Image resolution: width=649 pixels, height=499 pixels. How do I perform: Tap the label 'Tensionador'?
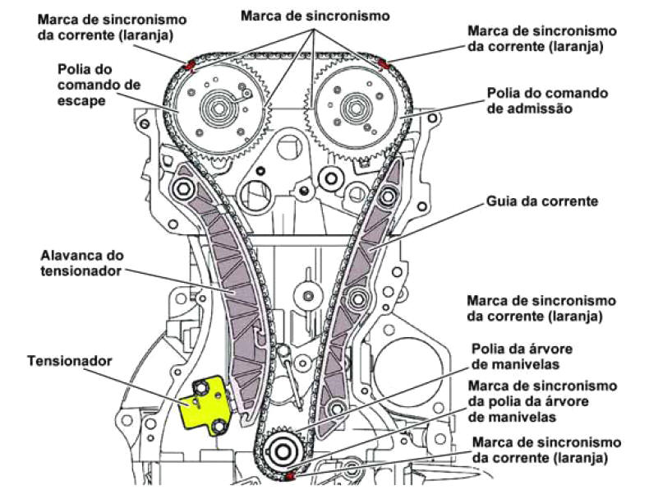(70, 361)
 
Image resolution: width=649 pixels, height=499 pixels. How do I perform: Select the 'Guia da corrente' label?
(542, 201)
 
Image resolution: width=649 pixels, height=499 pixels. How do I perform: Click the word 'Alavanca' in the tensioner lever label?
(69, 255)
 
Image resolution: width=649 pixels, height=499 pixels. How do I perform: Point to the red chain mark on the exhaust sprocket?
(191, 66)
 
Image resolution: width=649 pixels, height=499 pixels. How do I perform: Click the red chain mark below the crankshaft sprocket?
(290, 477)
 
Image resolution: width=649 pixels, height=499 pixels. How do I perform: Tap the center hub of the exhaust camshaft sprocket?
(218, 108)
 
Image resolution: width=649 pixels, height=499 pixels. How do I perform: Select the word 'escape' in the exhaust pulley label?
(81, 100)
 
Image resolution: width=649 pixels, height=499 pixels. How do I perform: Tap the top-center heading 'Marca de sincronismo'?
(315, 16)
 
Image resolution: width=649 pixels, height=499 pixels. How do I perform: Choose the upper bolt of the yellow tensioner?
(201, 388)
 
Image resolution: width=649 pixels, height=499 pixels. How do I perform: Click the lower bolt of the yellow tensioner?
(219, 427)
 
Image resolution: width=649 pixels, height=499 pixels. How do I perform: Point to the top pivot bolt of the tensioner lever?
(182, 190)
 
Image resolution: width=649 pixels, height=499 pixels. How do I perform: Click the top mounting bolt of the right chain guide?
(388, 196)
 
